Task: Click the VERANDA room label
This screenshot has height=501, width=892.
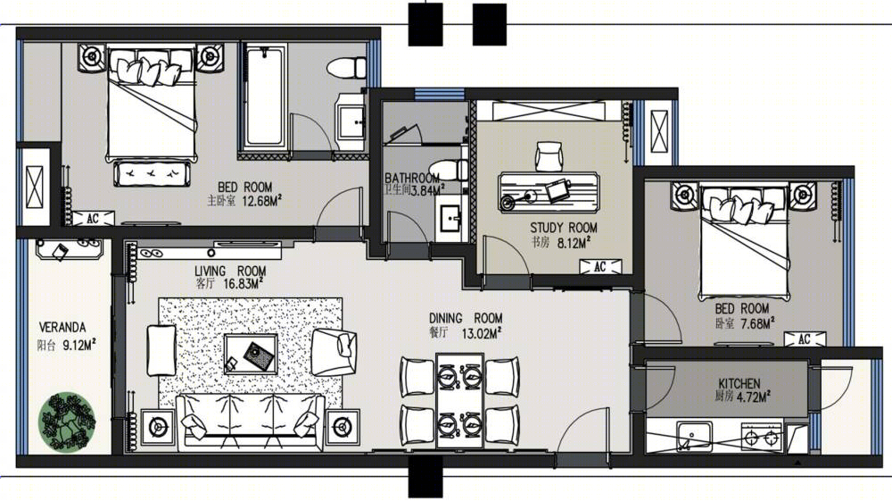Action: pyautogui.click(x=62, y=328)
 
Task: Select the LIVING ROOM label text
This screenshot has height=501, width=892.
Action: pyautogui.click(x=230, y=271)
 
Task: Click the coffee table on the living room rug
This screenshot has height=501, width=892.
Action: pyautogui.click(x=251, y=355)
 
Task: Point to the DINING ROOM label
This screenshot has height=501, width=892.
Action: pyautogui.click(x=466, y=318)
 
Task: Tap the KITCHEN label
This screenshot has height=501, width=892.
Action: pyautogui.click(x=739, y=383)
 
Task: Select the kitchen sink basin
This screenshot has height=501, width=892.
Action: pyautogui.click(x=694, y=436)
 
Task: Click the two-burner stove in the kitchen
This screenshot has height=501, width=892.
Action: pyautogui.click(x=762, y=437)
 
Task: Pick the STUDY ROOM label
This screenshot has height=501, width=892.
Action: pyautogui.click(x=564, y=228)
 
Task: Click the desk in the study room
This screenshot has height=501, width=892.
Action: pyautogui.click(x=549, y=192)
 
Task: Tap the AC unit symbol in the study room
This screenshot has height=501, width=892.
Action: pyautogui.click(x=600, y=266)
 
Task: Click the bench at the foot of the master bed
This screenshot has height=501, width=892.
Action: pyautogui.click(x=152, y=173)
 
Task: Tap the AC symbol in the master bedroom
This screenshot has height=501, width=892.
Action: pyautogui.click(x=93, y=218)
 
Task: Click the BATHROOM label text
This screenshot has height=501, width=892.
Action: pyautogui.click(x=412, y=179)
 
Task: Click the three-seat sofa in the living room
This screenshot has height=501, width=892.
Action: pyautogui.click(x=251, y=422)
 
